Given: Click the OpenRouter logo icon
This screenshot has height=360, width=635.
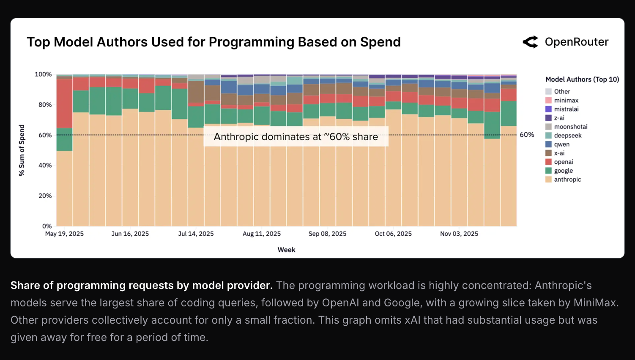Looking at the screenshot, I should click(x=530, y=42).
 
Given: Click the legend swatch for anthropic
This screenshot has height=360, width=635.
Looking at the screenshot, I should click(x=548, y=180).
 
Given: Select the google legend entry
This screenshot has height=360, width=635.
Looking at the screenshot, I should click(x=564, y=171).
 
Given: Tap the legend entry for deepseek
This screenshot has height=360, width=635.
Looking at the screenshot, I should click(x=568, y=136).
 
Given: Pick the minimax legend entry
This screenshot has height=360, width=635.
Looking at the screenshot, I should click(x=566, y=101).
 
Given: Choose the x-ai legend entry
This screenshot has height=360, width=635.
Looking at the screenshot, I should click(x=559, y=153).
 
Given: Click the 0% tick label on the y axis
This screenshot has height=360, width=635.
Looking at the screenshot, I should click(x=47, y=226).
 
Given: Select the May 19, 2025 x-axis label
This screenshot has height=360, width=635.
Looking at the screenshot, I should click(x=64, y=234).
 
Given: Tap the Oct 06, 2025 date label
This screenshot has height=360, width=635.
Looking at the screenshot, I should click(x=393, y=234).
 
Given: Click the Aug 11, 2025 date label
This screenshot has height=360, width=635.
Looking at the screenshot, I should click(x=262, y=234).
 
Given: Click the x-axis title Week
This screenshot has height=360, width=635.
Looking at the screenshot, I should click(x=286, y=250).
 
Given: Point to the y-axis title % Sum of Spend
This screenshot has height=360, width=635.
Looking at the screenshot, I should click(x=22, y=150).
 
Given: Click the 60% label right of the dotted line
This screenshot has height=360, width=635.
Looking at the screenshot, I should click(x=527, y=135).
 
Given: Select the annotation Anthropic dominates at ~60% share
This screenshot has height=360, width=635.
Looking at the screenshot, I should click(x=296, y=137).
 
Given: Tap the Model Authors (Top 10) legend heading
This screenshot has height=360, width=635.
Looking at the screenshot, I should click(x=582, y=79).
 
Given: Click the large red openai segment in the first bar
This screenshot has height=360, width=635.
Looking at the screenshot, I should click(x=64, y=103).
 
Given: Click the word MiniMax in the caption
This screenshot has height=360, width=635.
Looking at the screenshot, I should click(x=595, y=303).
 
